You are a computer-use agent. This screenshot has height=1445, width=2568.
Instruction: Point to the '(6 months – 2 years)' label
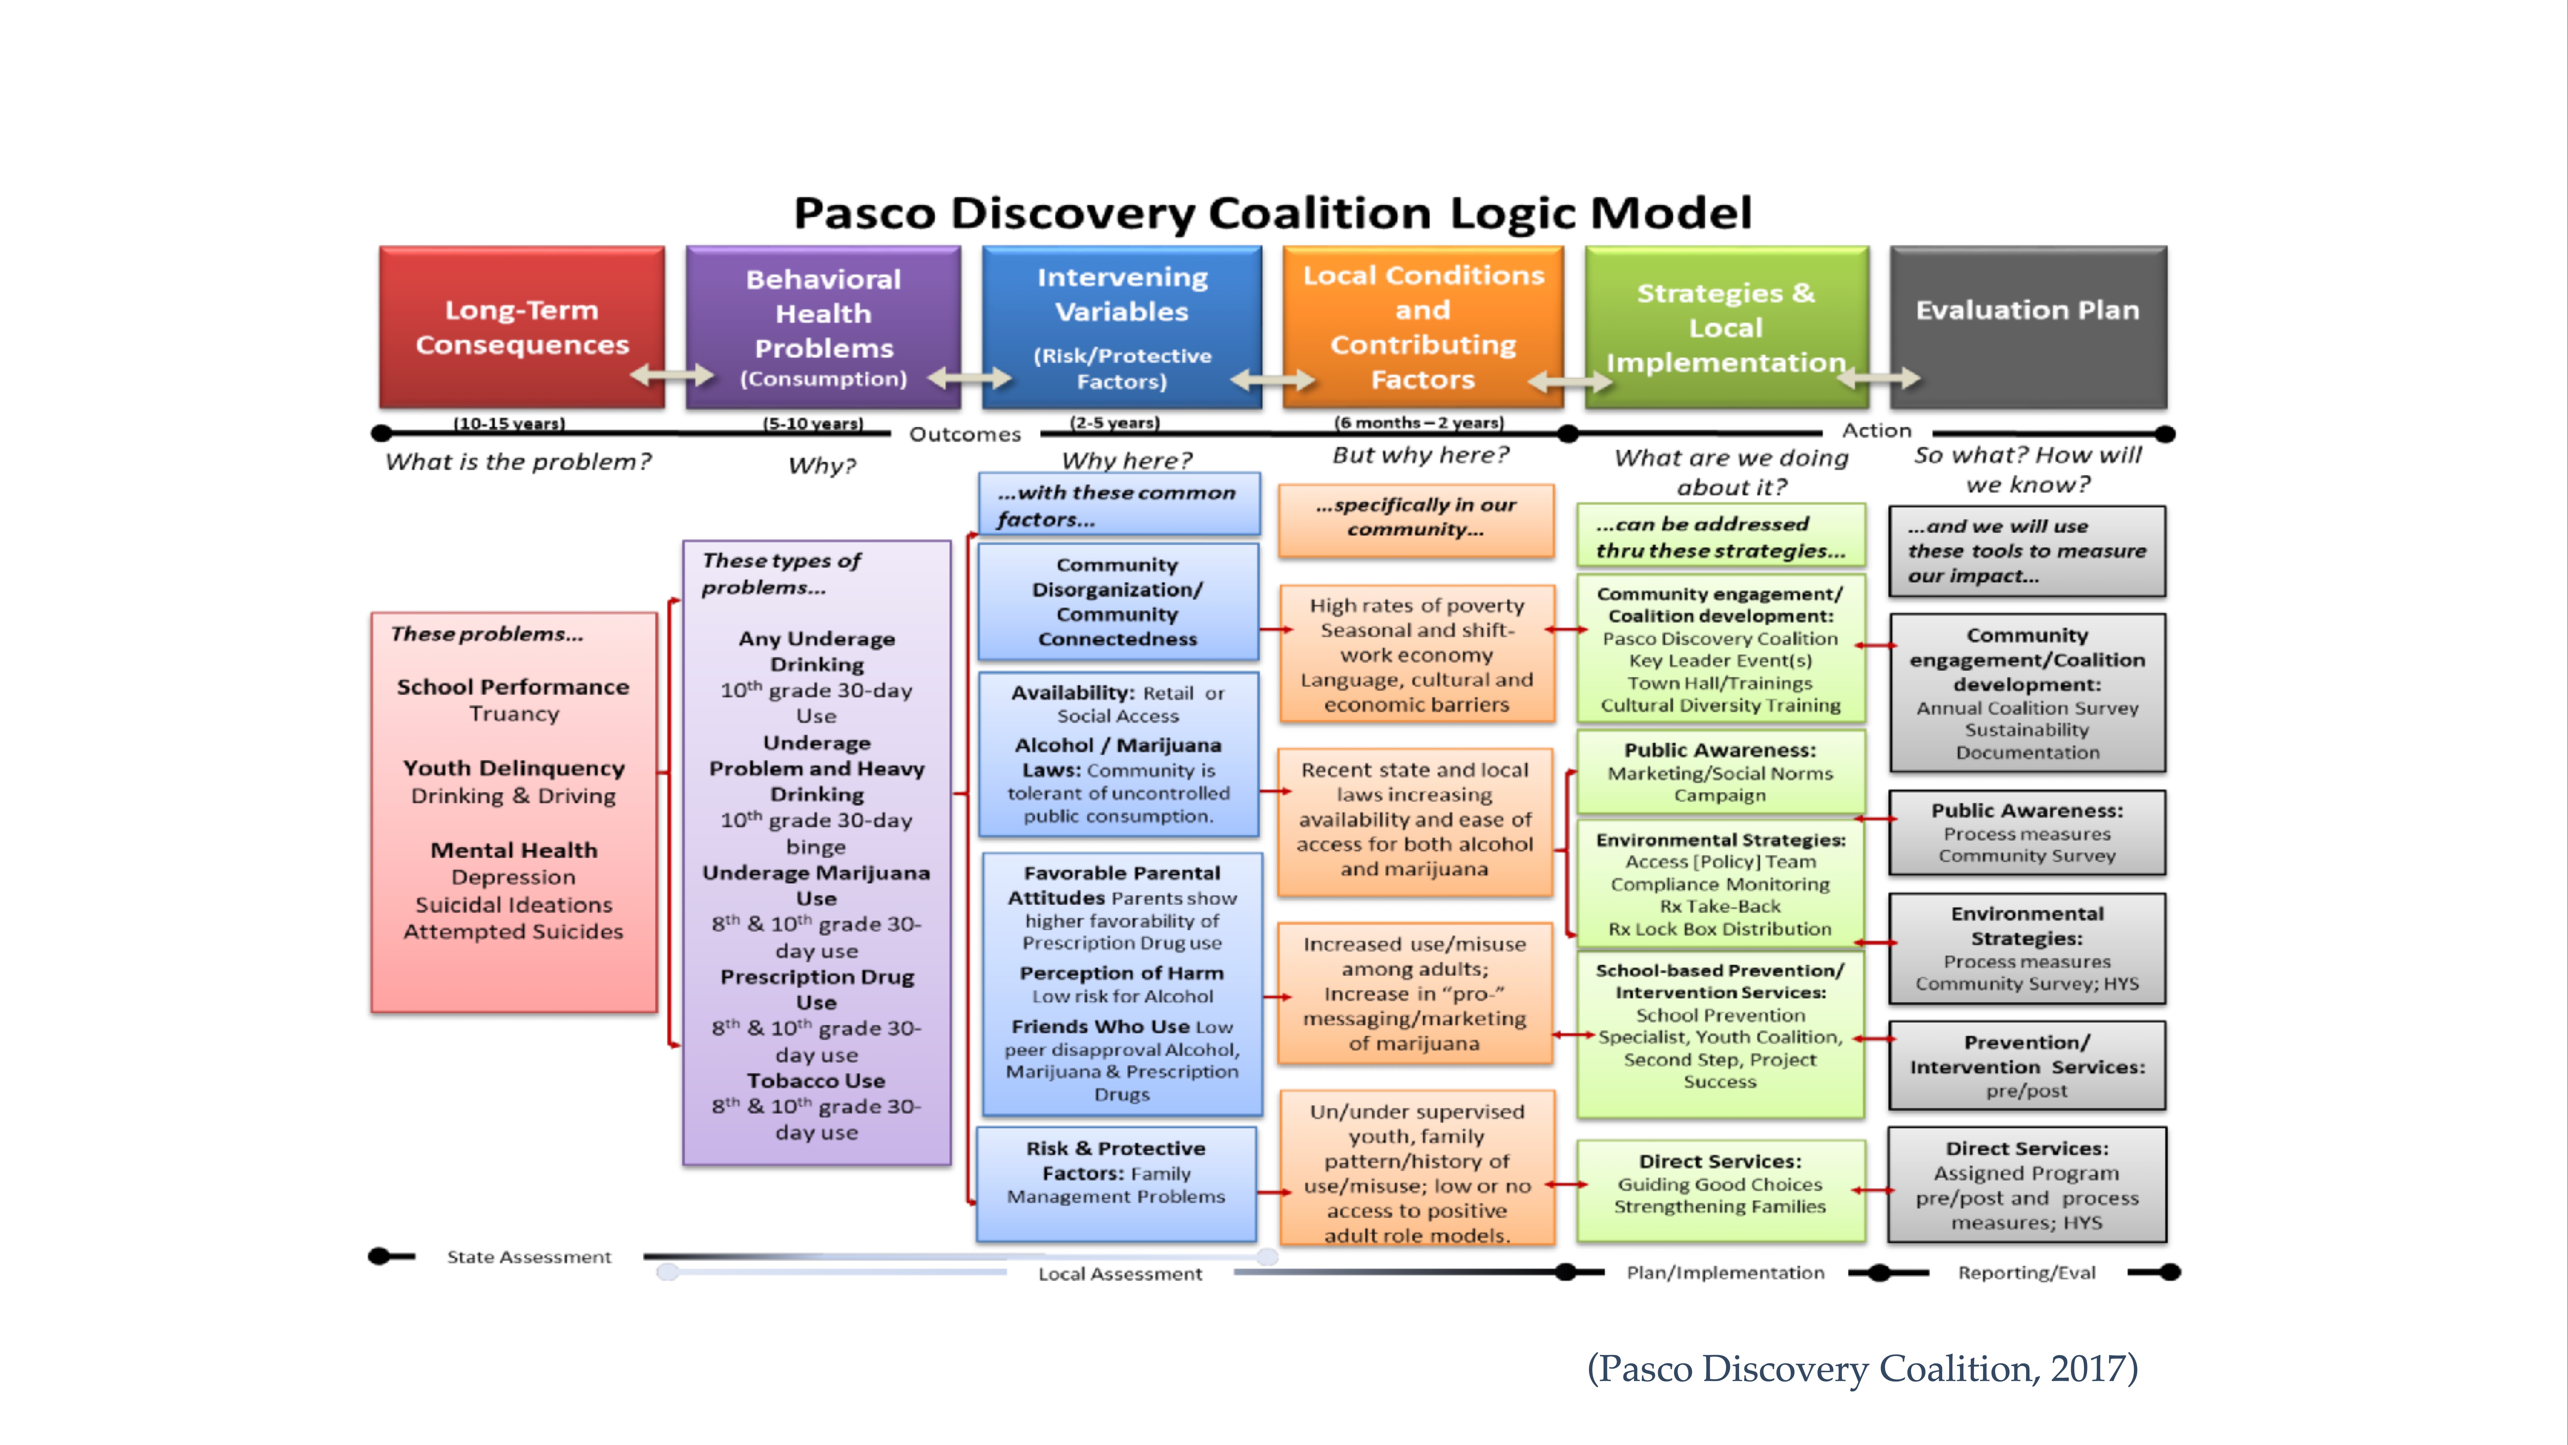1419,422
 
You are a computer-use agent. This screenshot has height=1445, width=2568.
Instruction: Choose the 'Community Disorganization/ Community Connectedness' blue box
1118,601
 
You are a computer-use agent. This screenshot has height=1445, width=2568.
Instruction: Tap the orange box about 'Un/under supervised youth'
1417,1172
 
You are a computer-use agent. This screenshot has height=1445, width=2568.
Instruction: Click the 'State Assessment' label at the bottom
528,1257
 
